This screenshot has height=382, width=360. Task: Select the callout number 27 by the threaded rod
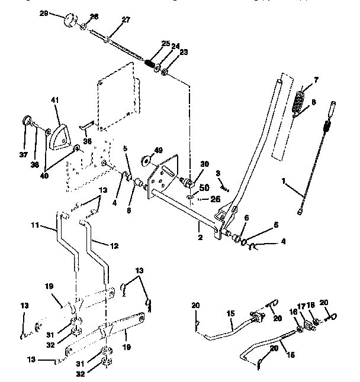125,20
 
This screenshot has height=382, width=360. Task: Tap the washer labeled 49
145,160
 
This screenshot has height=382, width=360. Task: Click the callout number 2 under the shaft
201,237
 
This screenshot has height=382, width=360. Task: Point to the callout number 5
126,157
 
